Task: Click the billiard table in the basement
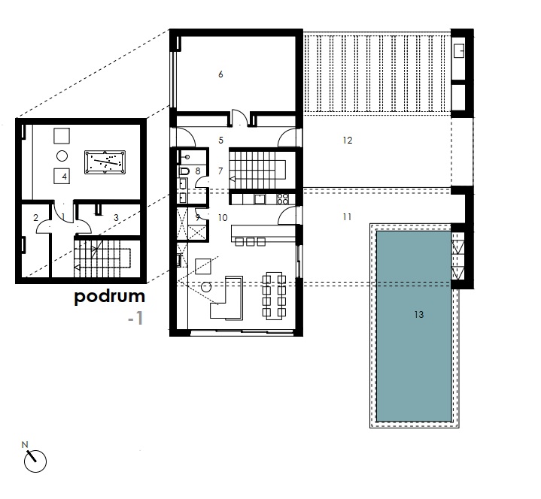pos(105,162)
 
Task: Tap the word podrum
pos(109,297)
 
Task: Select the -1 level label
pos(135,318)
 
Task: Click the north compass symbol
pos(35,461)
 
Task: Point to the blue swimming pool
pos(414,326)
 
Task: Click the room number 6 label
pos(220,74)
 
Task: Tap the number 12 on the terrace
pos(348,141)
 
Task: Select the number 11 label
pos(347,216)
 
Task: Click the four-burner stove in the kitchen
pos(283,199)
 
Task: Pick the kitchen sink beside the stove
pos(260,199)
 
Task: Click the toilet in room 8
pos(184,171)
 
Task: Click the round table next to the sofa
pos(206,287)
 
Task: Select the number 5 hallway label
pos(220,141)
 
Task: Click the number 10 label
pos(223,218)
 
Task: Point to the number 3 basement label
pos(117,218)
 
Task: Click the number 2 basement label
pos(35,217)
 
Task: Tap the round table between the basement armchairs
pos(62,156)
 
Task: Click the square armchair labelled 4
pos(62,176)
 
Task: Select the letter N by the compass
pos(25,445)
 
